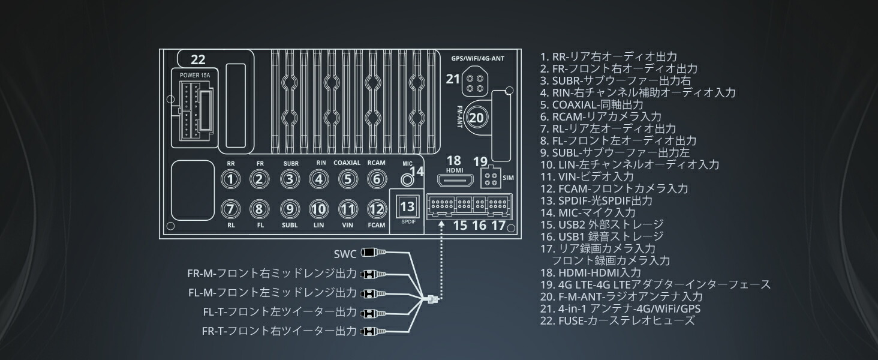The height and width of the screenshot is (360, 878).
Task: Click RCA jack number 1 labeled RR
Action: [231, 178]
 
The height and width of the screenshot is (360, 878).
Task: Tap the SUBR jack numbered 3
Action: [290, 178]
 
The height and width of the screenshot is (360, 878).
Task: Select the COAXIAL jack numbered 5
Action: [347, 178]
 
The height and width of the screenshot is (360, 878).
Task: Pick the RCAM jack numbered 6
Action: [376, 178]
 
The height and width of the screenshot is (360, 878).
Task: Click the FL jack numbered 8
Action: [259, 209]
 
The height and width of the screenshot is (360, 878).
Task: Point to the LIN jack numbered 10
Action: [318, 209]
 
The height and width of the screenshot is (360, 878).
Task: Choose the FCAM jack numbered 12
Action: [376, 209]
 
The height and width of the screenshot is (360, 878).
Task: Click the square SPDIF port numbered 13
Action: [407, 206]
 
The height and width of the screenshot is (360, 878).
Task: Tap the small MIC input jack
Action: [407, 178]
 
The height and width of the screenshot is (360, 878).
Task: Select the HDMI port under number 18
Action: [454, 179]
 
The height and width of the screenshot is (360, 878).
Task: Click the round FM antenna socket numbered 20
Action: [476, 118]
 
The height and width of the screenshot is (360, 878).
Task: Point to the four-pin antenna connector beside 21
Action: [474, 83]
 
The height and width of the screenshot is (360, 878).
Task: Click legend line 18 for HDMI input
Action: [590, 272]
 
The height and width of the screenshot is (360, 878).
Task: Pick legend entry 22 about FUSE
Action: [617, 320]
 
